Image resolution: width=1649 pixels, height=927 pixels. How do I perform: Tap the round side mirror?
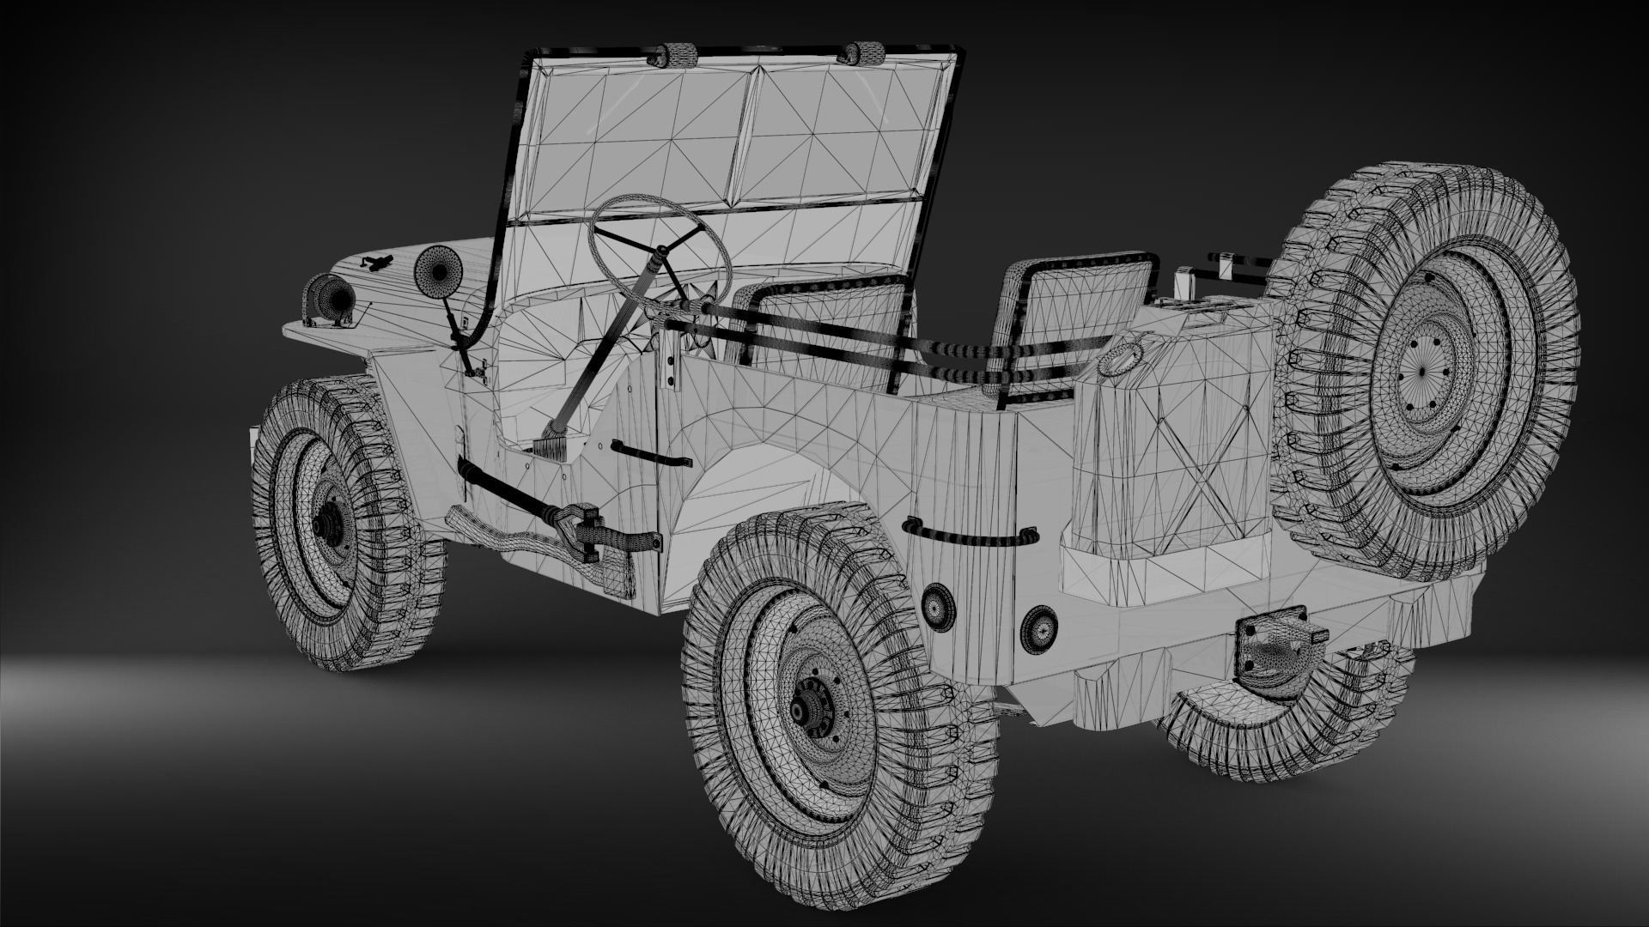click(x=437, y=273)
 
